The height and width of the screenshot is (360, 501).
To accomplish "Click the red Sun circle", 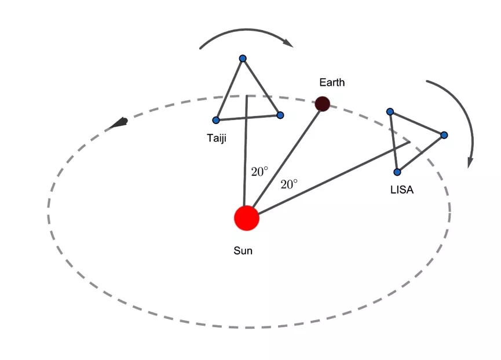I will (246, 219).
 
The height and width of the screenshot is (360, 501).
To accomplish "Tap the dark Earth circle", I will (322, 104).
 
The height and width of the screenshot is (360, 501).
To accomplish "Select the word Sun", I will (243, 251).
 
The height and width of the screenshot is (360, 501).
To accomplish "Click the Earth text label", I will (332, 82).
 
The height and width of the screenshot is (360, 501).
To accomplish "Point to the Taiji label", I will (217, 138).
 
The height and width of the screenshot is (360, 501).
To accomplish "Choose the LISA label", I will (402, 190).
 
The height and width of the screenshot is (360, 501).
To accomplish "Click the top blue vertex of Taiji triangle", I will (243, 58).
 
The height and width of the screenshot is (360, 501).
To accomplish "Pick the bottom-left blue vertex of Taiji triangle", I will (216, 120).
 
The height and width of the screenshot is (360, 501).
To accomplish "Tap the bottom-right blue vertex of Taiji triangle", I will (280, 115).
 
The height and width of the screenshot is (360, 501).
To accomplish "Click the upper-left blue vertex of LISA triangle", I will (390, 111).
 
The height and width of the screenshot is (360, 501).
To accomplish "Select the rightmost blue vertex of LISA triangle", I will (444, 135).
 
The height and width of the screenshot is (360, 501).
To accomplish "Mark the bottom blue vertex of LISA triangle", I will (397, 172).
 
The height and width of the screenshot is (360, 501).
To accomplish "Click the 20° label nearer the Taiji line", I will (259, 172).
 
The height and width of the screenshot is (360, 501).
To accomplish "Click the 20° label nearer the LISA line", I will (289, 184).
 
